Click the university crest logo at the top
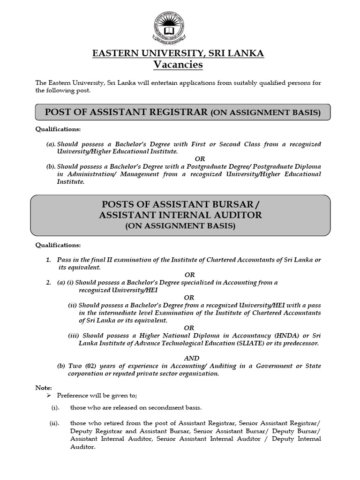pyautogui.click(x=167, y=27)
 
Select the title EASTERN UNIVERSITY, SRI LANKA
pyautogui.click(x=178, y=53)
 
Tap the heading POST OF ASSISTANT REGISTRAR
pyautogui.click(x=126, y=112)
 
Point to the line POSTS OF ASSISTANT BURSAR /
pyautogui.click(x=180, y=205)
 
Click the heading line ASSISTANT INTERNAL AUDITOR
pyautogui.click(x=180, y=215)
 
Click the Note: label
pyautogui.click(x=44, y=388)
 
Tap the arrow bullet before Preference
pyautogui.click(x=41, y=396)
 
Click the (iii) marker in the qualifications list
pyautogui.click(x=74, y=336)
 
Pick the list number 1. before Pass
pyautogui.click(x=48, y=260)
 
